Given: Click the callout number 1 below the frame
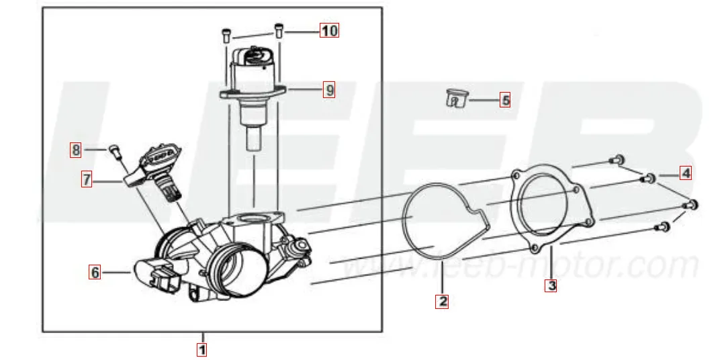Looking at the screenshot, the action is (201, 349).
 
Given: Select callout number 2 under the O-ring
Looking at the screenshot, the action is (442, 302).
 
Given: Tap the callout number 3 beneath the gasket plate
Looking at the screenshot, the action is (551, 285).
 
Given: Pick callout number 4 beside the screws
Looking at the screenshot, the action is (685, 173).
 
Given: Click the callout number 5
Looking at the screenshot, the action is (505, 100).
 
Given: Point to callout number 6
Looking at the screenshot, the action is (95, 272).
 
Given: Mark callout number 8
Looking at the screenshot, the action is (76, 150).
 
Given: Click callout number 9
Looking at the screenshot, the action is (328, 89).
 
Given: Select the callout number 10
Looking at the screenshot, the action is (328, 31).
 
